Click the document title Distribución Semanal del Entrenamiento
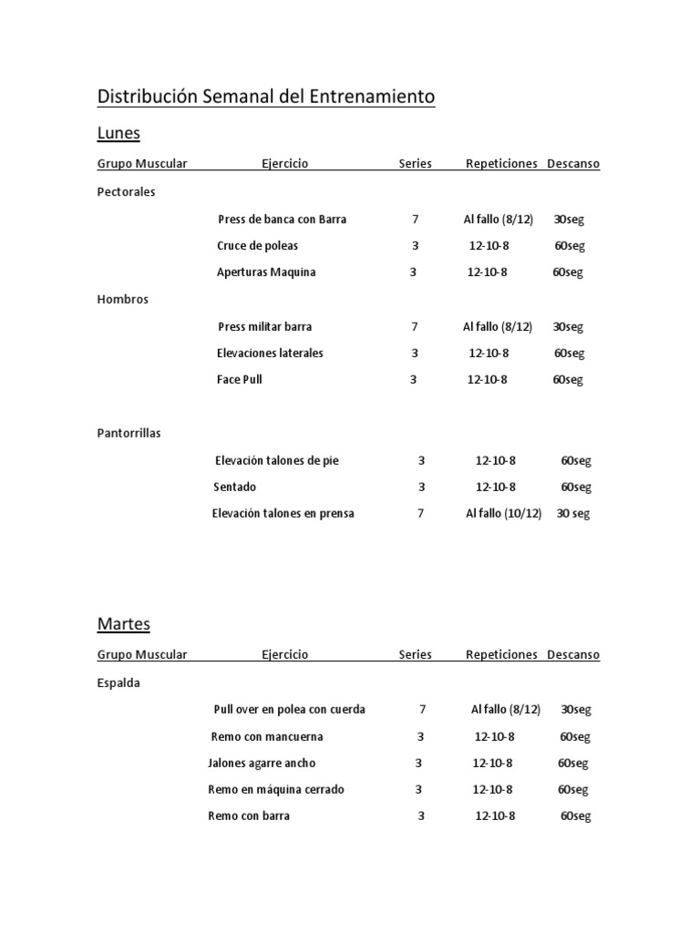click(x=266, y=97)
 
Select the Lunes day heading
click(x=118, y=133)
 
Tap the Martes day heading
click(x=123, y=624)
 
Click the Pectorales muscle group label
click(x=127, y=192)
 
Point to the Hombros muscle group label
click(x=123, y=299)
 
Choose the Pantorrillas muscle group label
click(x=129, y=433)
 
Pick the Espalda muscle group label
click(x=119, y=682)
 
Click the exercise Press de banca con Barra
click(x=283, y=220)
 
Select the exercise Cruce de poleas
click(x=258, y=246)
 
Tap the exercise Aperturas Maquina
click(x=266, y=272)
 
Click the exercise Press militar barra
click(x=265, y=326)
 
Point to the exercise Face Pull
click(x=240, y=379)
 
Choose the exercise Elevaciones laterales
click(x=270, y=353)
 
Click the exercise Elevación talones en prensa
click(x=283, y=513)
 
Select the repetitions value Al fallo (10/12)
click(x=503, y=513)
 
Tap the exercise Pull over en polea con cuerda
click(x=289, y=709)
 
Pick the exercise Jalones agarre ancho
click(x=262, y=763)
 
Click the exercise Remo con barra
click(x=249, y=815)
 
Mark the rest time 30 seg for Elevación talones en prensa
click(x=573, y=513)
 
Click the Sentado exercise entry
click(x=235, y=487)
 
